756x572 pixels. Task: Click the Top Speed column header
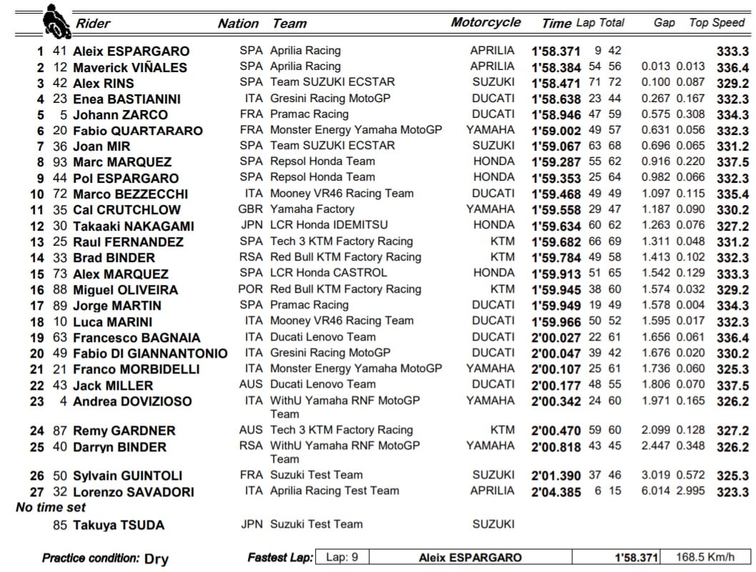tap(717, 23)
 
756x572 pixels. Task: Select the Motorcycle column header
tap(486, 22)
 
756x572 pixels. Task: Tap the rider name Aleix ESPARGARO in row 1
tap(131, 51)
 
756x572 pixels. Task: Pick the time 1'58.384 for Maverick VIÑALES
tap(556, 67)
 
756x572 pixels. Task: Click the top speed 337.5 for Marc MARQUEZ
tap(732, 162)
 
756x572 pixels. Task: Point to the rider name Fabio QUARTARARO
tap(137, 131)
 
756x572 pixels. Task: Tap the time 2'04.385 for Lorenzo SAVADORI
tap(556, 491)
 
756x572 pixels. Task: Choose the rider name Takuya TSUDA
tap(118, 525)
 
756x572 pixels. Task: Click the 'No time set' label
tap(51, 507)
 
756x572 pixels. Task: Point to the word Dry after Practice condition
tap(156, 558)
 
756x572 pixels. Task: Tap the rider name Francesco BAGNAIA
tap(136, 337)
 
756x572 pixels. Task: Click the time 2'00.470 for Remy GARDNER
tap(556, 431)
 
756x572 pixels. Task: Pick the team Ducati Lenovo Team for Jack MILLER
tap(322, 384)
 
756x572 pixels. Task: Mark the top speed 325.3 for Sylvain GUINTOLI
tap(732, 476)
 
